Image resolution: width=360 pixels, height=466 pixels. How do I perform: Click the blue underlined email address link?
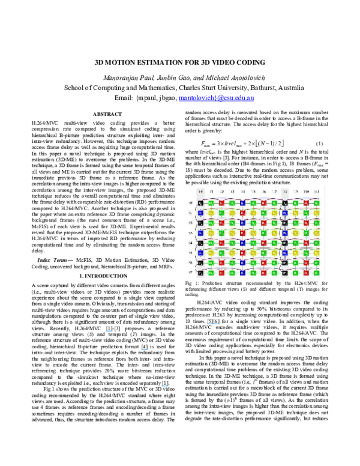pos(216,98)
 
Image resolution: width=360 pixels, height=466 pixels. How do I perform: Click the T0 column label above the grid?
pos(200,192)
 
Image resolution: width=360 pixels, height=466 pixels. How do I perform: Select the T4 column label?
pos(242,192)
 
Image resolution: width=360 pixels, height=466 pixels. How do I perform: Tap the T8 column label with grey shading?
pos(285,192)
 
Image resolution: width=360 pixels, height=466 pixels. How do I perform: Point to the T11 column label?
pos(316,192)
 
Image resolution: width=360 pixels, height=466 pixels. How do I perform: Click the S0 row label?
pos(190,203)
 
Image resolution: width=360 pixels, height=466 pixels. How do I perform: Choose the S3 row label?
pos(190,232)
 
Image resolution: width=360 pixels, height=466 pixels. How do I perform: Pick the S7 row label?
pos(190,272)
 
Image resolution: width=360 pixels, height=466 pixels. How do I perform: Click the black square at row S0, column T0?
pos(200,203)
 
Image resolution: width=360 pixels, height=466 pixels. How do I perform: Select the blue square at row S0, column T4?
pos(242,203)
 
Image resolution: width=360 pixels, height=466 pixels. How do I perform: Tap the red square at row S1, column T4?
pos(242,213)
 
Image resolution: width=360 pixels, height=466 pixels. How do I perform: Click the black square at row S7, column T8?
pos(285,273)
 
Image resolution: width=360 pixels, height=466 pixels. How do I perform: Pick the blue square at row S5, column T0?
pos(200,253)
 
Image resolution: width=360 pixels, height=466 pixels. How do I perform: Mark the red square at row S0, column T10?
pos(306,203)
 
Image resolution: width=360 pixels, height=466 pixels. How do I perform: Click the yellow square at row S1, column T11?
pos(316,213)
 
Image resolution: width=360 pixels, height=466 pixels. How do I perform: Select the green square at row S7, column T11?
pos(316,273)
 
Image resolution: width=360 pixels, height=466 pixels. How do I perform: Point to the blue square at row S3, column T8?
pos(285,233)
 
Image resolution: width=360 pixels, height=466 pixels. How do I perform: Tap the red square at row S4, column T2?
pos(221,243)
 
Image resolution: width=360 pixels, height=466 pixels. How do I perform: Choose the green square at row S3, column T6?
pos(263,233)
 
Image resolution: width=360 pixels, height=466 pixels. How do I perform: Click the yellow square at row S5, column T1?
pos(211,253)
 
